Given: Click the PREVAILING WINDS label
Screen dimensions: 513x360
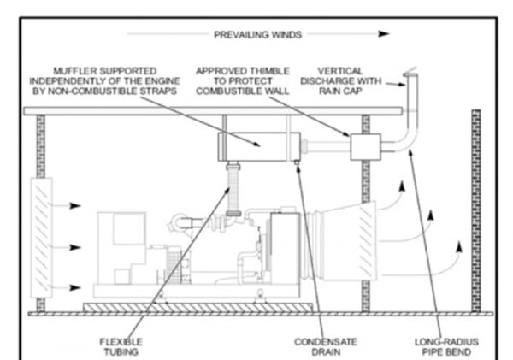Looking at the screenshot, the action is pos(257,35).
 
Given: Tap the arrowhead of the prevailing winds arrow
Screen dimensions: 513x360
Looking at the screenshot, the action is pos(383,33).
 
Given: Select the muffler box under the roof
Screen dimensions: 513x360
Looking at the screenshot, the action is pos(259,146).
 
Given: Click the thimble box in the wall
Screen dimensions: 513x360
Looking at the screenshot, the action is pos(365,147).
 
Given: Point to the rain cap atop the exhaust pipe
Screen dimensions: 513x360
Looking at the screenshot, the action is pos(410,73).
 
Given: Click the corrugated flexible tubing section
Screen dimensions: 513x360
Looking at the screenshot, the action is pos(233,191).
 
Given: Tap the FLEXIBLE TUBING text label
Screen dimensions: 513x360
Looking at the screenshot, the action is pos(121,347).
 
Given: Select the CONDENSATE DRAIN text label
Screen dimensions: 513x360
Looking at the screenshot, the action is pos(326,347).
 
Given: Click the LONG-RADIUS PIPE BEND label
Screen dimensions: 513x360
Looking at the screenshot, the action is pos(446,347).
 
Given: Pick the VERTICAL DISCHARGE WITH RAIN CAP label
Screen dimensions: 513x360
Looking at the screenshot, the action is pos(340,81).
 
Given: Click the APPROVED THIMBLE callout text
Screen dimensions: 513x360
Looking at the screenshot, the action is pos(243,81).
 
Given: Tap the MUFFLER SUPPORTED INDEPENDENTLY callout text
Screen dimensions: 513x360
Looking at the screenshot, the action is pos(104,81).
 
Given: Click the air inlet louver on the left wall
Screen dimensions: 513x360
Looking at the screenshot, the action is pos(41,238).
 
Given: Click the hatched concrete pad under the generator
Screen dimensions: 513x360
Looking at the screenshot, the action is pos(198,307).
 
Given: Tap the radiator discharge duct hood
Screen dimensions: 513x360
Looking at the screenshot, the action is pos(350,241).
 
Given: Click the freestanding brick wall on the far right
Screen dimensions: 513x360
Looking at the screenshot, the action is pos(476,211).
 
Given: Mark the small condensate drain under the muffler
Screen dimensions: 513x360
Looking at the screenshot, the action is pos(297,162).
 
